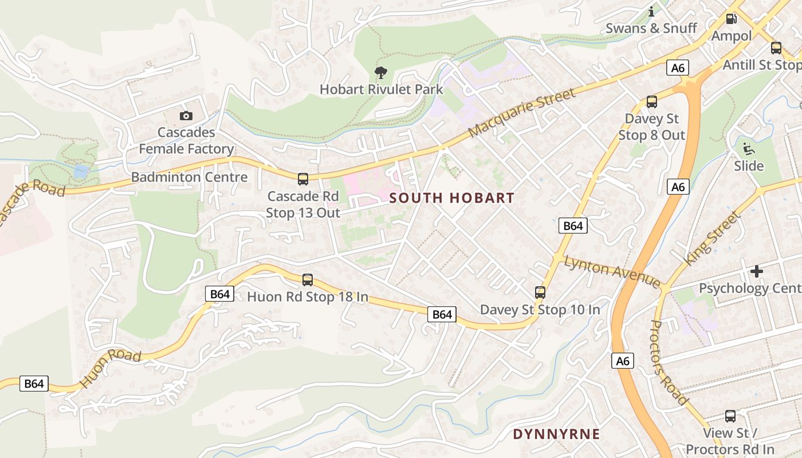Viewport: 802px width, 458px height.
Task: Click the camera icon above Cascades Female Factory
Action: pos(186,116)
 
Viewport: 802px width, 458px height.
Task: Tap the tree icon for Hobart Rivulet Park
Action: pos(380,72)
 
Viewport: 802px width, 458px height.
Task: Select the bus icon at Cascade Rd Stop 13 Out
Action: pos(303,179)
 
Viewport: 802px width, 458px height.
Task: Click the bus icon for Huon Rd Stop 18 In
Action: pos(308,280)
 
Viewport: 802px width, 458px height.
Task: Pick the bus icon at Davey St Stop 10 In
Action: pos(540,293)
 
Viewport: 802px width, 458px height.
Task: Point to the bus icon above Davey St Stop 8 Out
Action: pos(651,102)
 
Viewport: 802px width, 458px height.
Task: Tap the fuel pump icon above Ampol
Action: pos(731,19)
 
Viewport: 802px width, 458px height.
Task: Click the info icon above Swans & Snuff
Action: pos(651,11)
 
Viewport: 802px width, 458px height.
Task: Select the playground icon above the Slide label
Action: pos(748,149)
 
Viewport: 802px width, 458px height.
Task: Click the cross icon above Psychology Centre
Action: pos(757,271)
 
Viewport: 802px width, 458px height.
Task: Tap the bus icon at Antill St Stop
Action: pos(776,48)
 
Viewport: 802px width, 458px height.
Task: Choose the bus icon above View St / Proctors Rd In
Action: pos(730,416)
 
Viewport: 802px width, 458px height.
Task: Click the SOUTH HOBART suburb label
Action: pos(452,198)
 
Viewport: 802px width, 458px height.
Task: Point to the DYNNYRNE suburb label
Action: pos(556,434)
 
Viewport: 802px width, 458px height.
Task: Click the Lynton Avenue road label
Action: pos(612,272)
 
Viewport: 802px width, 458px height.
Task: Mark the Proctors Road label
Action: pos(669,362)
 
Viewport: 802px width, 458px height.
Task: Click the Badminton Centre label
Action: pos(189,177)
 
